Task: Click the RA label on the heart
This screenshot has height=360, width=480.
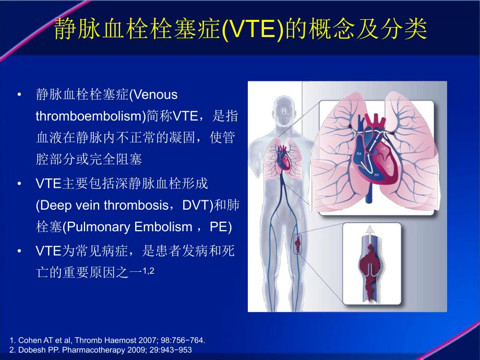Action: [x=359, y=154]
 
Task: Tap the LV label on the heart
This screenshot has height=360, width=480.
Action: [x=388, y=166]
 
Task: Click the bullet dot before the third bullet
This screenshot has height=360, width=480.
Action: [x=20, y=251]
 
